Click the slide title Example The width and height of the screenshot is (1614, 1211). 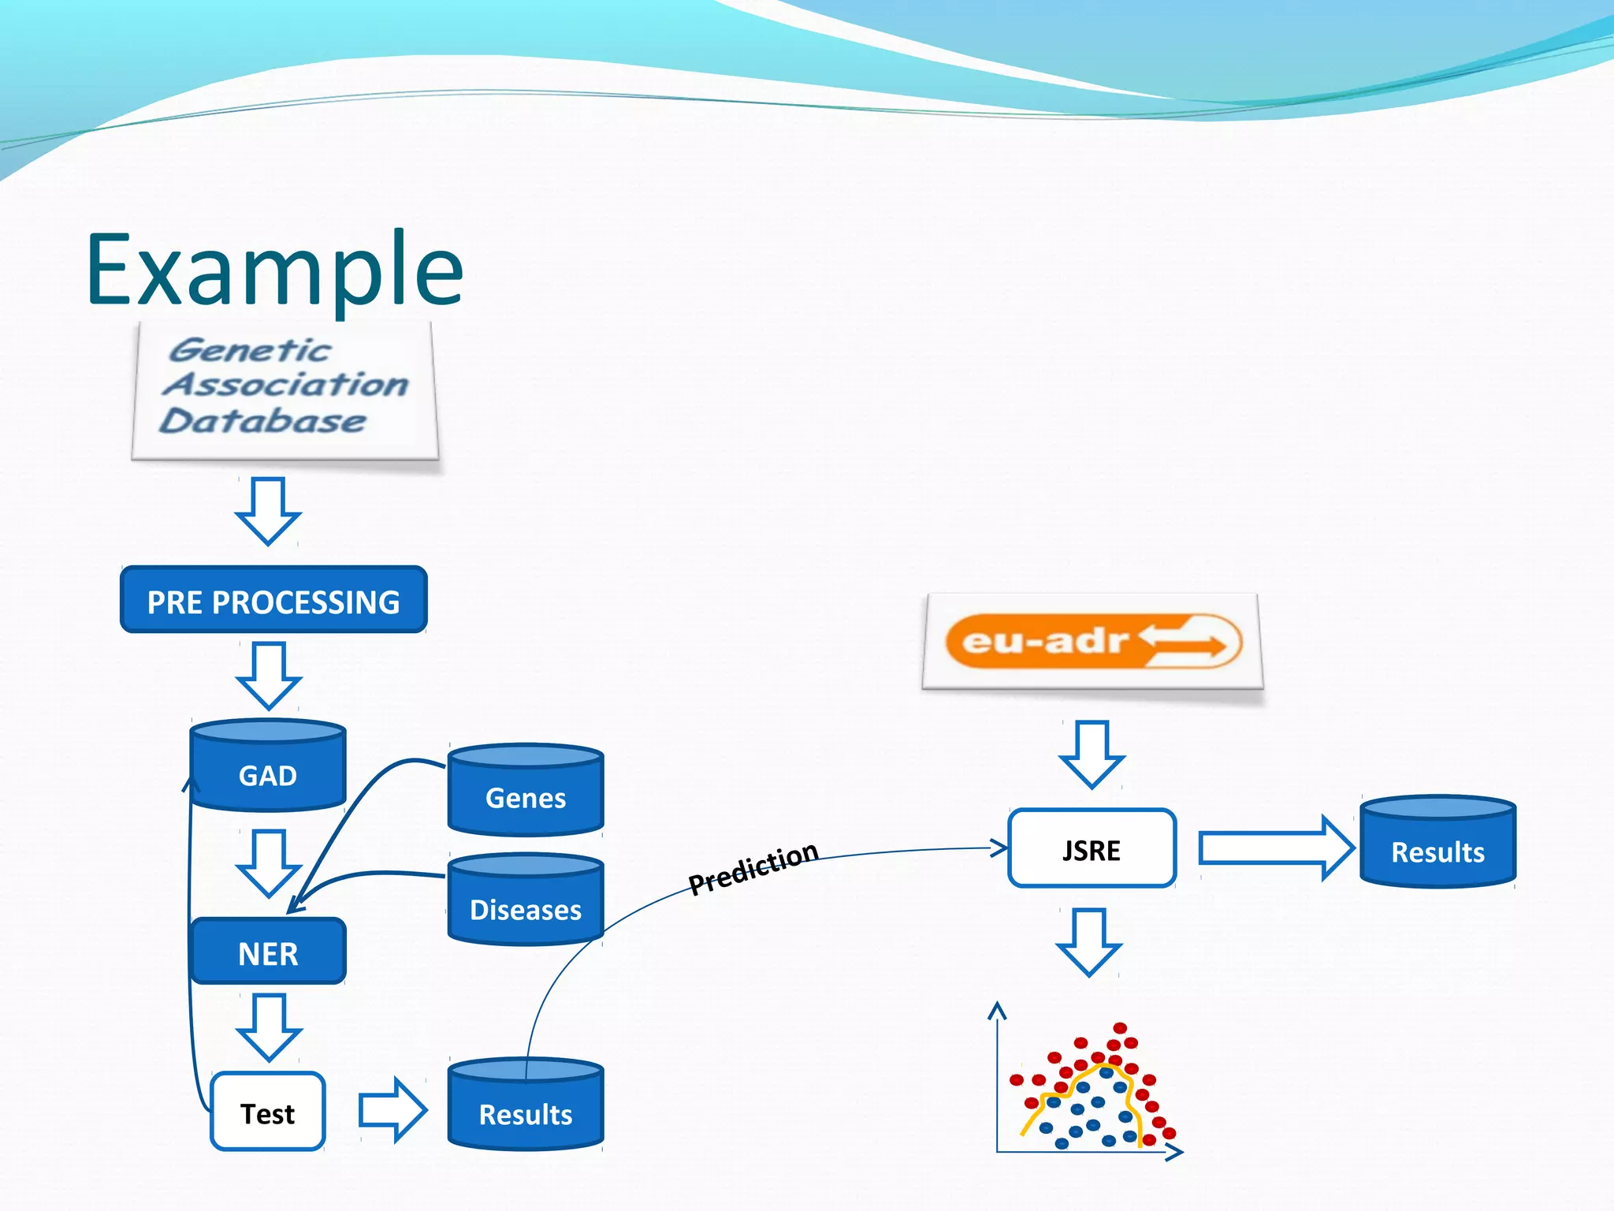[x=274, y=270]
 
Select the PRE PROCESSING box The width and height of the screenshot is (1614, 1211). [x=273, y=600]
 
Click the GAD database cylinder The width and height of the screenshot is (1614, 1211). [x=268, y=767]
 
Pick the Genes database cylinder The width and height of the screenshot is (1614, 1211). [x=526, y=791]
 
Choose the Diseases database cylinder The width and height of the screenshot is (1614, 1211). [x=526, y=901]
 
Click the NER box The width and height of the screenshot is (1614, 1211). [x=268, y=952]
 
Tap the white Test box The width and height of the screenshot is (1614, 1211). [x=268, y=1112]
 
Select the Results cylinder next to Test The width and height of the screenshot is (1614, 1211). [x=526, y=1105]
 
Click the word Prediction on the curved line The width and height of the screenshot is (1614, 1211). [x=753, y=867]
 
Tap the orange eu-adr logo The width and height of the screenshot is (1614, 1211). [x=1092, y=641]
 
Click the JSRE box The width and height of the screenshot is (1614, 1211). [x=1091, y=849]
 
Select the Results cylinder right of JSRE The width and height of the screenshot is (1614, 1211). [x=1437, y=843]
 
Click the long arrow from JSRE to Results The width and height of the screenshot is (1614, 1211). [x=1274, y=848]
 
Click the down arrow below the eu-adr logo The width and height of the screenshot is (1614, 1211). [x=1092, y=754]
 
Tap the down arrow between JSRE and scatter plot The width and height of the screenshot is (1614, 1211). [x=1089, y=942]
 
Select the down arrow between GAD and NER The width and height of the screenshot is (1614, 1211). [x=269, y=863]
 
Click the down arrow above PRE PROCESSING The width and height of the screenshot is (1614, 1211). [x=268, y=511]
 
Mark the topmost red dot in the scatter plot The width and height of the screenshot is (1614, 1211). [x=1120, y=1027]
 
